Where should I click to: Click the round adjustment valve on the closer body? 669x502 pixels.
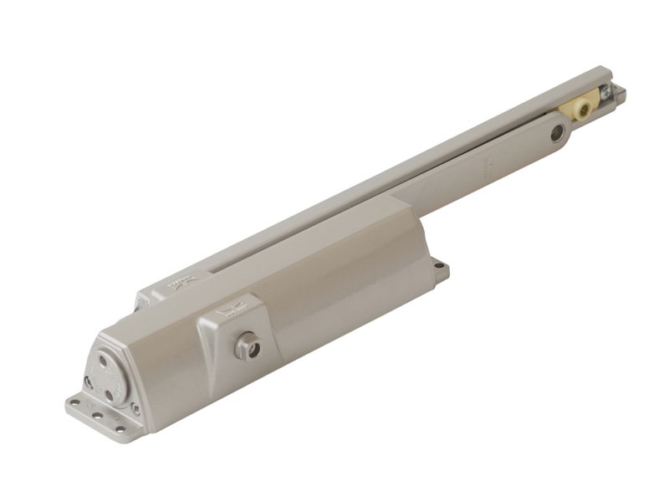coord(247,346)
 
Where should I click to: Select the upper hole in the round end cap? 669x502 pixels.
coord(104,357)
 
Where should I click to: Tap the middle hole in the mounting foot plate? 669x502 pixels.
coord(99,415)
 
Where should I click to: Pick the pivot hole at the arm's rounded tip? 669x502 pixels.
coord(556,132)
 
